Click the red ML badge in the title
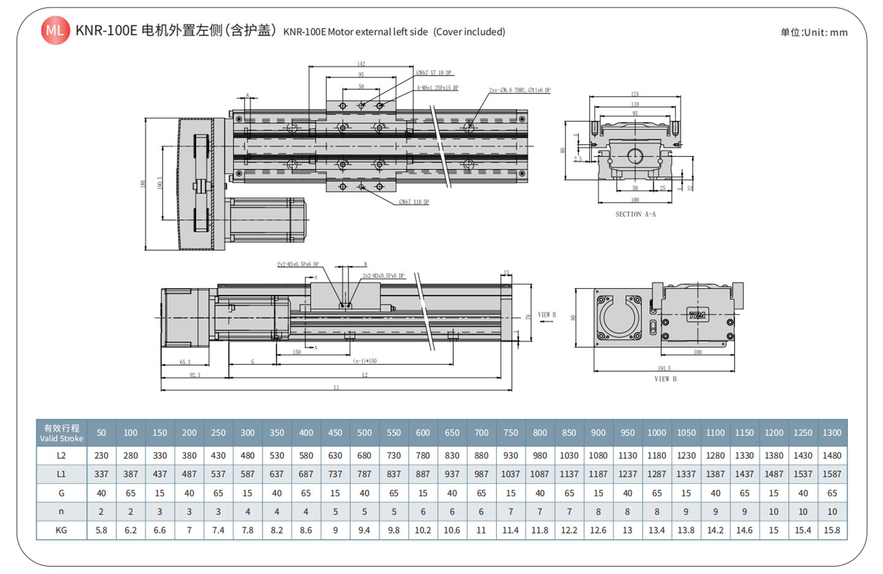(55, 31)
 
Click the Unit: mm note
(814, 33)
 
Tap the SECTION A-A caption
(635, 214)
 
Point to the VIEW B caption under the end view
(665, 379)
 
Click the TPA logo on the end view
(697, 316)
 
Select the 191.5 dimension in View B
(664, 369)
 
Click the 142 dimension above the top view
(361, 64)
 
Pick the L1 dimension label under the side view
(336, 388)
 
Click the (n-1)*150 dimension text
(365, 361)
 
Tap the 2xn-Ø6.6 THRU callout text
(519, 90)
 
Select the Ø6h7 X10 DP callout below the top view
(414, 202)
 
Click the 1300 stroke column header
(831, 432)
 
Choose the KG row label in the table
(61, 530)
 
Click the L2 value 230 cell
(101, 456)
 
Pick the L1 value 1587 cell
(831, 474)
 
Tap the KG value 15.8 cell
(831, 530)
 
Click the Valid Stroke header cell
(61, 432)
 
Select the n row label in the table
(61, 511)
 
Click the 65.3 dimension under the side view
(185, 362)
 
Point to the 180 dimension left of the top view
(143, 184)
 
